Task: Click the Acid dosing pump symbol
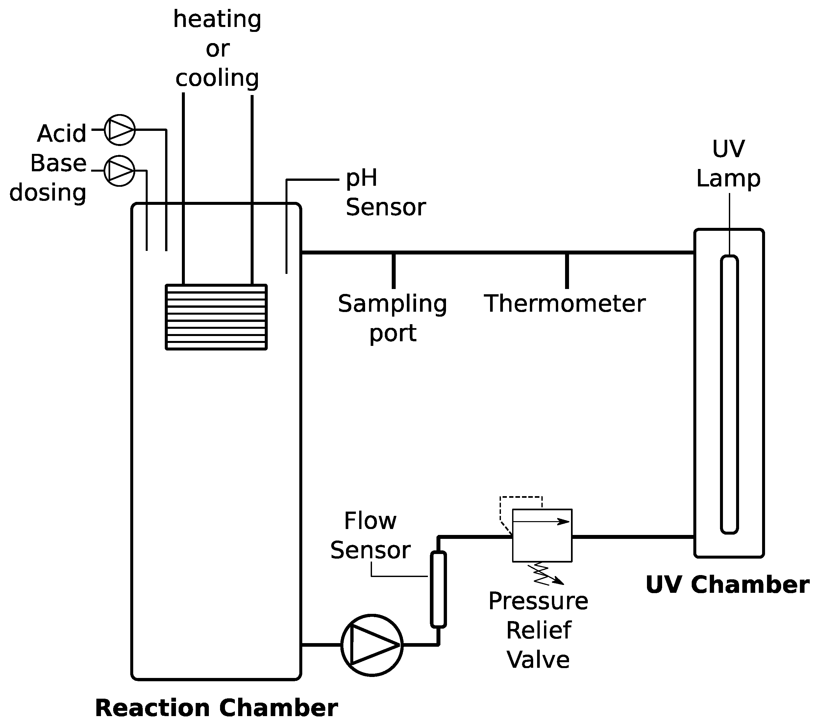click(x=120, y=130)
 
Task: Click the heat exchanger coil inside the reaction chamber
click(x=216, y=317)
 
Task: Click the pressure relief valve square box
click(x=542, y=535)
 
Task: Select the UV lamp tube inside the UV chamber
click(x=729, y=394)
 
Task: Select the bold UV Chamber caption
click(x=728, y=585)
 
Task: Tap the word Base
click(x=59, y=163)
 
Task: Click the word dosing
click(x=48, y=193)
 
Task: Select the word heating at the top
click(x=217, y=19)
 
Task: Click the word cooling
click(x=217, y=77)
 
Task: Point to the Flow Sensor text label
click(x=370, y=535)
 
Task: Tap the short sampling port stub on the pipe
click(x=394, y=271)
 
